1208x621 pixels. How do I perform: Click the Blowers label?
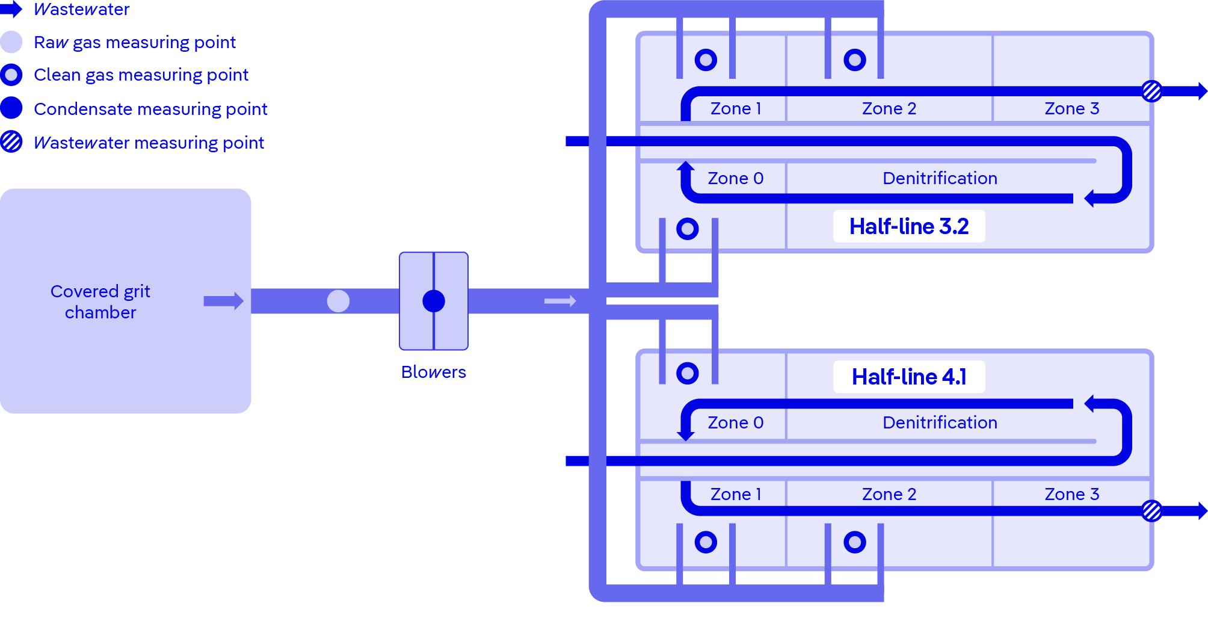click(x=433, y=372)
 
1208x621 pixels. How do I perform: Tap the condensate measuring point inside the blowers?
click(x=434, y=301)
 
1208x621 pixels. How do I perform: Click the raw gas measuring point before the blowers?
click(x=338, y=301)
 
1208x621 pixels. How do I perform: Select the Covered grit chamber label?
click(x=100, y=301)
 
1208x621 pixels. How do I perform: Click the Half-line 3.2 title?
click(x=909, y=226)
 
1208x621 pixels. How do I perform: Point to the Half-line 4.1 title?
click(x=909, y=377)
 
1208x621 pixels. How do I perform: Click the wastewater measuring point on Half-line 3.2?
click(x=1151, y=91)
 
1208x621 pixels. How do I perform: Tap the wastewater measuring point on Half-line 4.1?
click(x=1151, y=511)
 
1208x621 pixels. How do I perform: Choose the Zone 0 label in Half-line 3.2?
click(x=735, y=178)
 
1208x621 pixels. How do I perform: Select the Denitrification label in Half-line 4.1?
click(x=940, y=422)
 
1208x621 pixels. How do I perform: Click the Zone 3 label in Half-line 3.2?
click(x=1071, y=108)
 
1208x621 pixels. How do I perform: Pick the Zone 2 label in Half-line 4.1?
click(x=889, y=494)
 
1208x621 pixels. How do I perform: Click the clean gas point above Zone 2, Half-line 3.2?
click(x=854, y=60)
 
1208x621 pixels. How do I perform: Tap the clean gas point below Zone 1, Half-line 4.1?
click(x=706, y=542)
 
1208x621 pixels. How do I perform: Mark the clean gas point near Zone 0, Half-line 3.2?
click(x=687, y=229)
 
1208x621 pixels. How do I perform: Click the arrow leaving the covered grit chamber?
click(x=223, y=301)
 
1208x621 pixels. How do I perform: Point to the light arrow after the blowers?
click(x=560, y=301)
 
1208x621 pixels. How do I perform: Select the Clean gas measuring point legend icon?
click(x=11, y=75)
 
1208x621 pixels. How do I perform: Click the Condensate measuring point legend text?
click(x=150, y=109)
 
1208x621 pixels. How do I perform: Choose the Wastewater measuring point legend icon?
click(x=11, y=142)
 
